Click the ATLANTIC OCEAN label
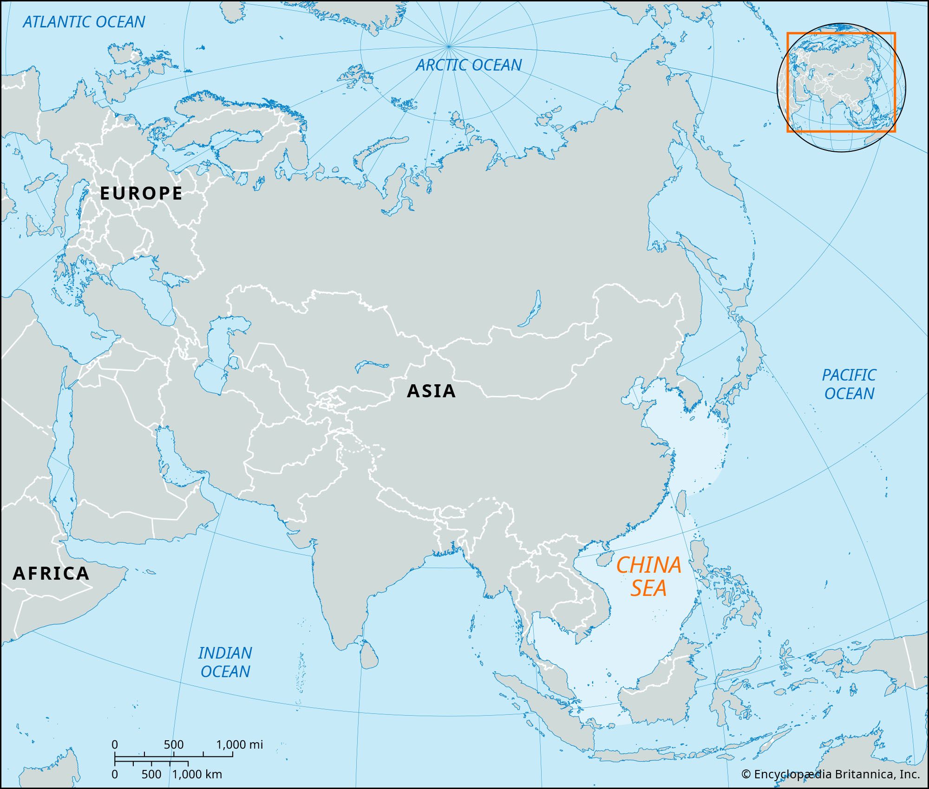(x=84, y=22)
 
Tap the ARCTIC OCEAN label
(x=468, y=65)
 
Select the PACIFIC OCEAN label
(x=849, y=384)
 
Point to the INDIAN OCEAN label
(x=225, y=662)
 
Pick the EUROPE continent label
(x=141, y=193)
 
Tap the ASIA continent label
(x=431, y=391)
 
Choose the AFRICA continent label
(x=51, y=573)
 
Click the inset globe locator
(x=841, y=87)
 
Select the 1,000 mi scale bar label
(x=239, y=745)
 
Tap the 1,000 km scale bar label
(x=197, y=775)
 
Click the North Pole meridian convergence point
(x=448, y=46)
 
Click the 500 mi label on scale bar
(x=173, y=745)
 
